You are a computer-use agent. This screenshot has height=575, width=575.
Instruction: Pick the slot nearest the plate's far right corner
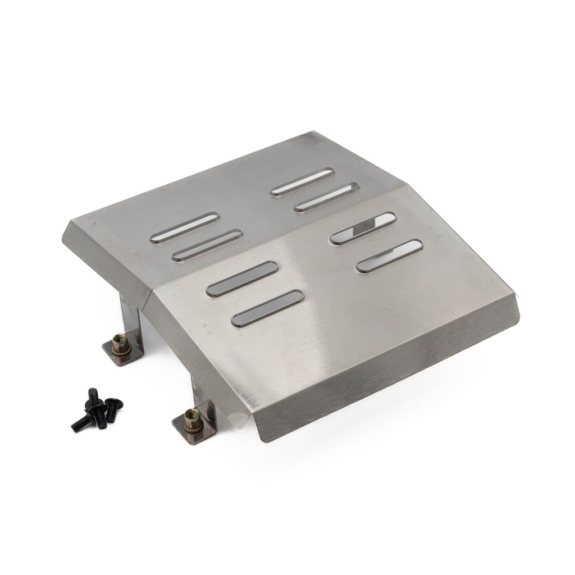point(389,256)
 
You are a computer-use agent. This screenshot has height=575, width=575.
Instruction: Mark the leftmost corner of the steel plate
point(68,222)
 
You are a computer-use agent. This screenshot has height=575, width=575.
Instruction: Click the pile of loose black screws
point(95,407)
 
